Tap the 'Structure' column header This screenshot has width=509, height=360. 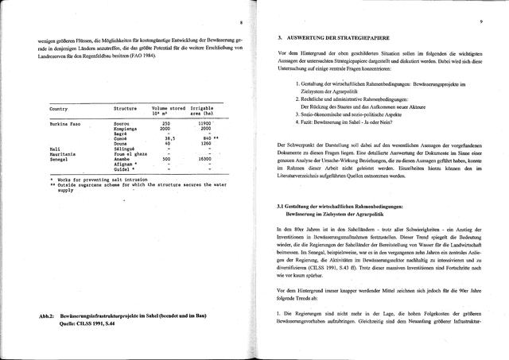pyautogui.click(x=126, y=107)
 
